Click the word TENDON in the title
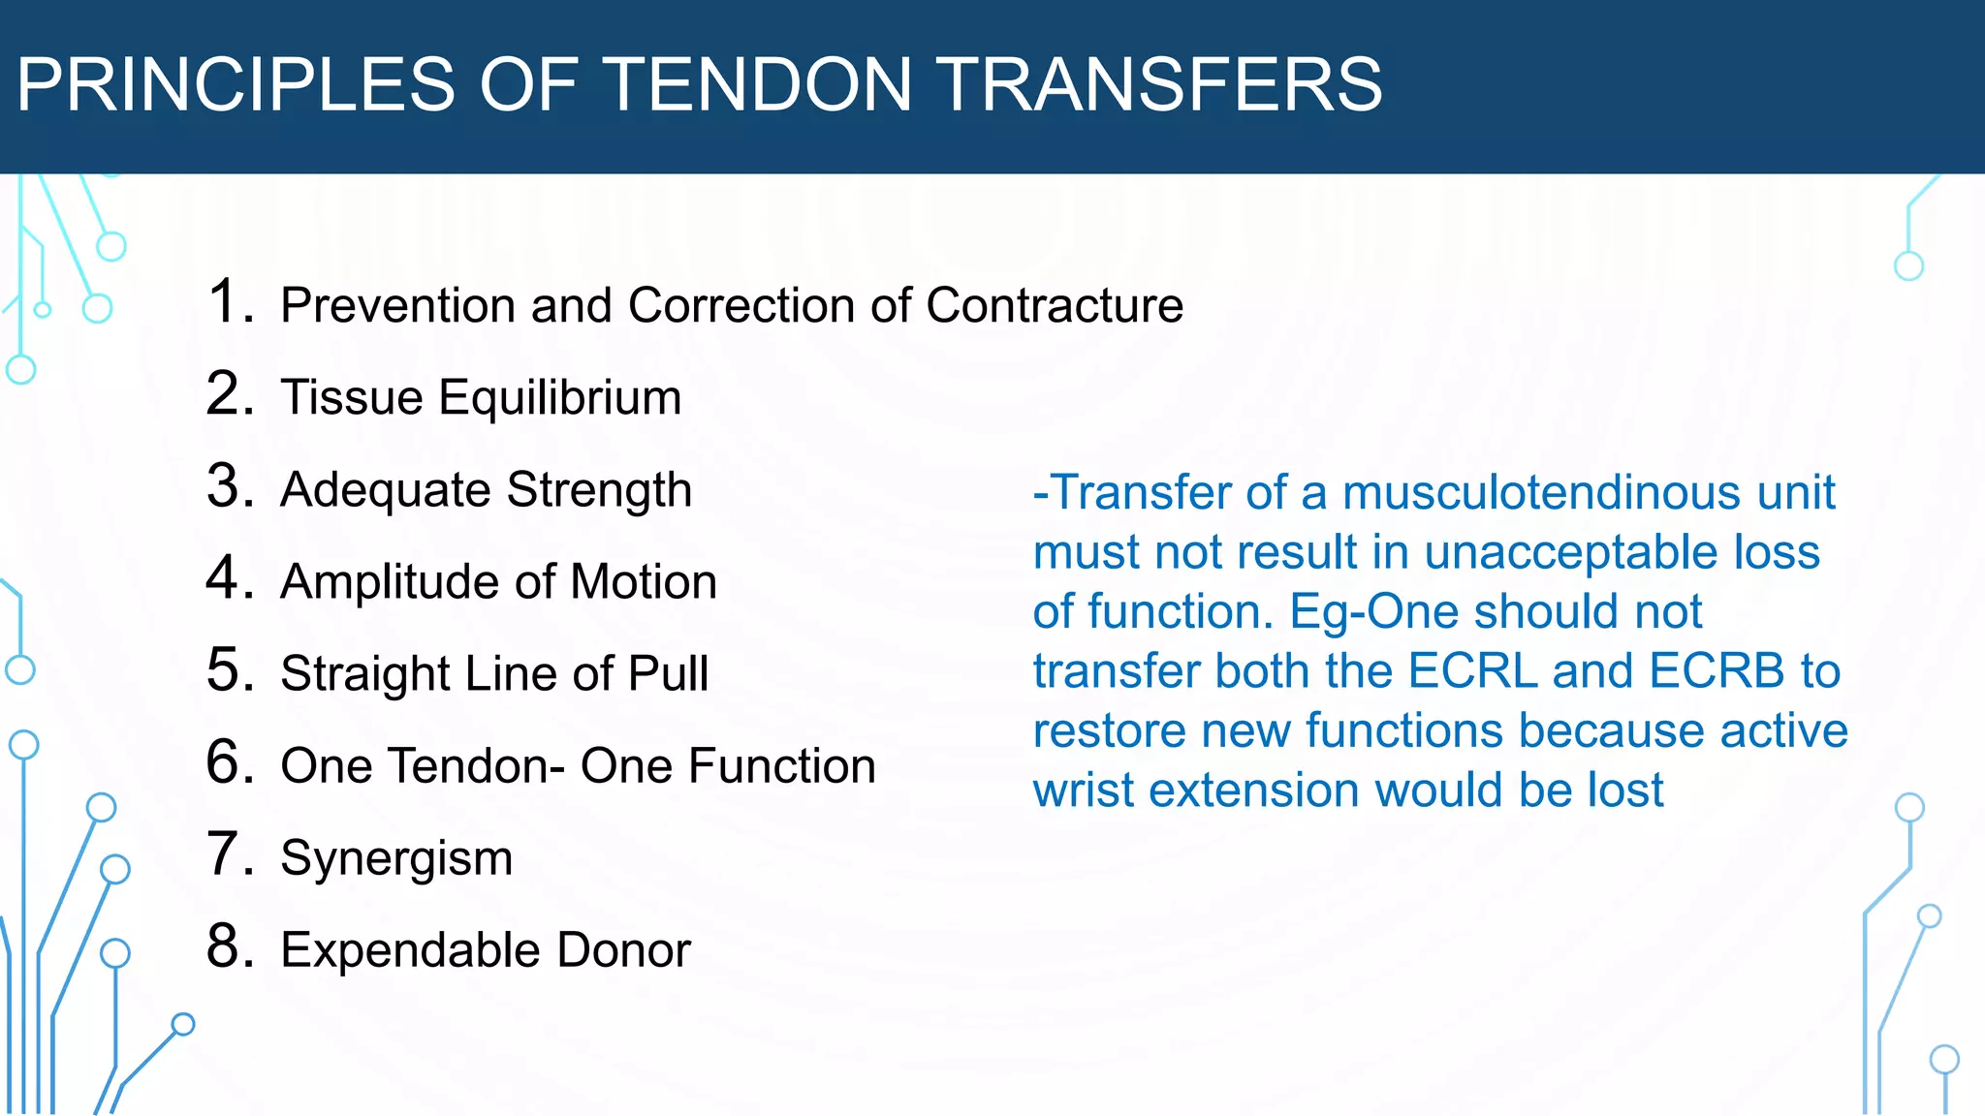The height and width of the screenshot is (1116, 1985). point(758,84)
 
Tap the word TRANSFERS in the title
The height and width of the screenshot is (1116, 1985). point(1160,84)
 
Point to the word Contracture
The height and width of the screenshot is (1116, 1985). point(1055,306)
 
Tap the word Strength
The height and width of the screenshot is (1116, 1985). point(599,490)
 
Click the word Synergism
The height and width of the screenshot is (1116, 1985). point(396,859)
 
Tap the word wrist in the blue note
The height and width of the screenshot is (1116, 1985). point(1083,790)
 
